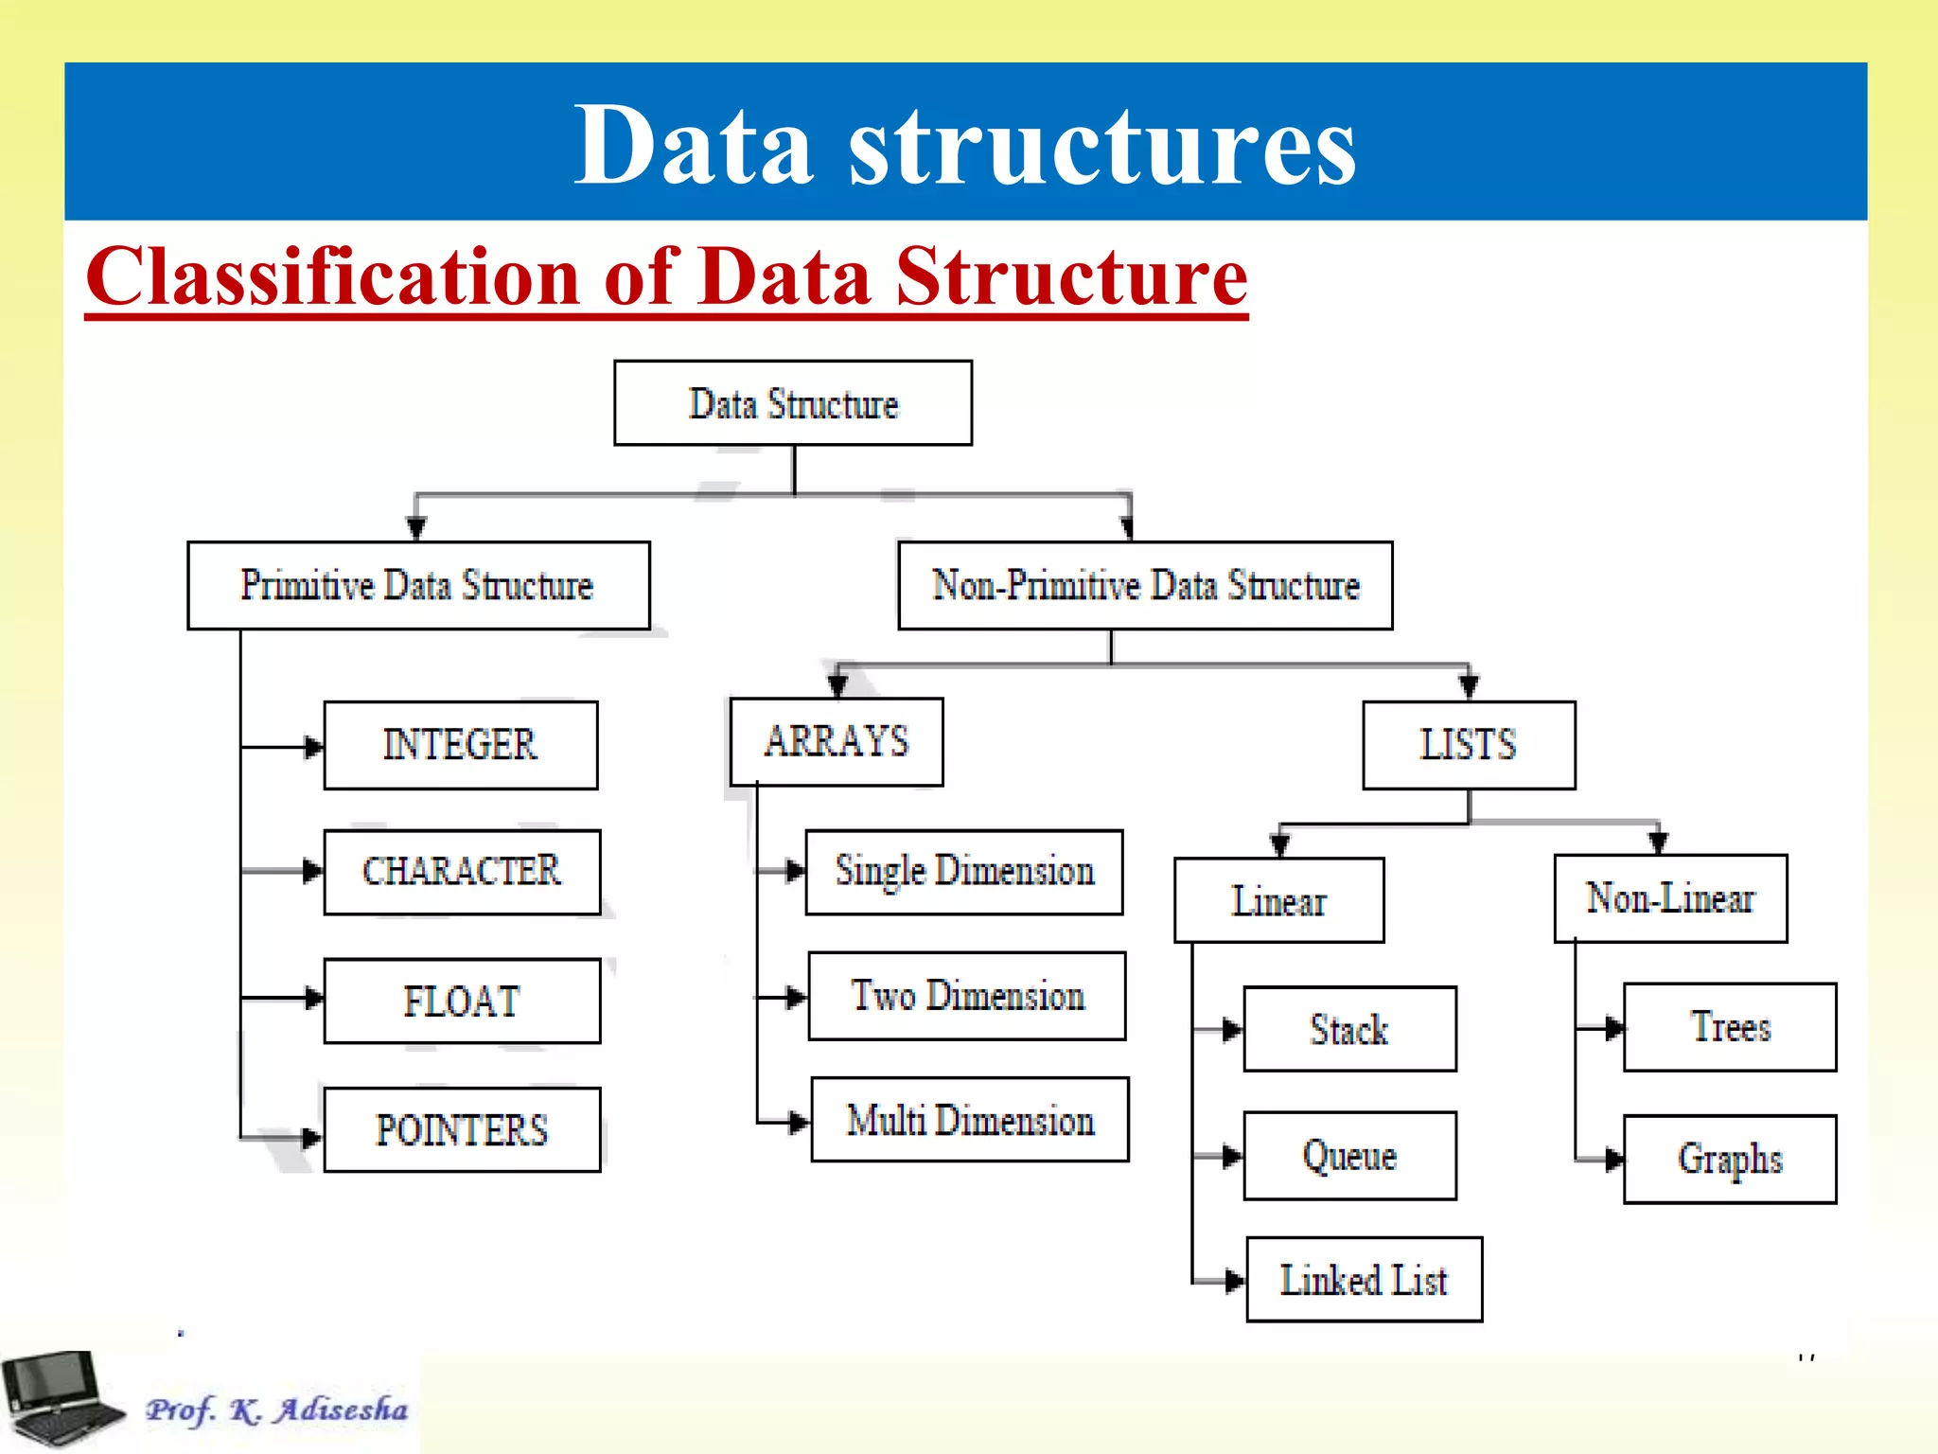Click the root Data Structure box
click(793, 403)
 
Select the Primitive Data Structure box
click(418, 585)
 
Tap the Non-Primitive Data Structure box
click(1145, 585)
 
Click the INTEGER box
click(460, 745)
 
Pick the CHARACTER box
click(462, 872)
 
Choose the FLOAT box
click(462, 1001)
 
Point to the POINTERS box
click(462, 1129)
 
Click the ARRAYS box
click(837, 741)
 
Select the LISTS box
click(1469, 745)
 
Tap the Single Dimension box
click(964, 872)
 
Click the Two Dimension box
click(967, 996)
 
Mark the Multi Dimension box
click(970, 1120)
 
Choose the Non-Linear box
click(1670, 898)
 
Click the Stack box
click(1349, 1029)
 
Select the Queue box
click(1349, 1156)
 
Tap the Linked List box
click(1364, 1279)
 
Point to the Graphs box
click(1730, 1159)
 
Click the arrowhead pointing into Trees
click(1614, 1028)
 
